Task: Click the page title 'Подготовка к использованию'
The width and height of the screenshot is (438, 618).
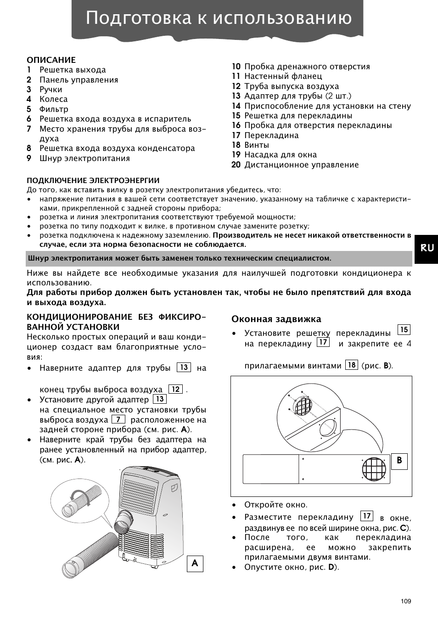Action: [x=219, y=18]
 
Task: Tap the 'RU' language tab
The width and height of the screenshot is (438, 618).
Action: [x=426, y=248]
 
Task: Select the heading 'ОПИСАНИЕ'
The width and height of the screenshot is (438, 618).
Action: [x=51, y=60]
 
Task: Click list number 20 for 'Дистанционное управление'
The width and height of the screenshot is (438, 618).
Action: [x=236, y=165]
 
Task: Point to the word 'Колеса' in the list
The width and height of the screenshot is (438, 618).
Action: [x=53, y=99]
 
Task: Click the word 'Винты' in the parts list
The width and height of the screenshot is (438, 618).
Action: [x=257, y=145]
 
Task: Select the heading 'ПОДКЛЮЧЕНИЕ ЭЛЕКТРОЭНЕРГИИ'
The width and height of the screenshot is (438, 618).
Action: [x=93, y=180]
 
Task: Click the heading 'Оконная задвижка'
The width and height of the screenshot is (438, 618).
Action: [x=276, y=319]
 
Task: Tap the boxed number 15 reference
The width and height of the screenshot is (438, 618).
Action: [x=403, y=329]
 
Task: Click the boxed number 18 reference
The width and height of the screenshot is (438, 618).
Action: [x=351, y=365]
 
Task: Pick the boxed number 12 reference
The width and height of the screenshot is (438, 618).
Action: [x=175, y=389]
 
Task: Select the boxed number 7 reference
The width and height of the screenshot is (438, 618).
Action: [x=118, y=419]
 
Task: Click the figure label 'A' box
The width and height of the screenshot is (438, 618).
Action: [x=195, y=563]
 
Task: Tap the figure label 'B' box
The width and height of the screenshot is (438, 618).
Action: [x=399, y=461]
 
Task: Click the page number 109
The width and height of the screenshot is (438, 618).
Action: [x=405, y=601]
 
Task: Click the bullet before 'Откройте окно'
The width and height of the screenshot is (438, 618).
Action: [x=234, y=505]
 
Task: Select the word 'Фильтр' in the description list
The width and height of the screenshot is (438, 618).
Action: [x=54, y=109]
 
